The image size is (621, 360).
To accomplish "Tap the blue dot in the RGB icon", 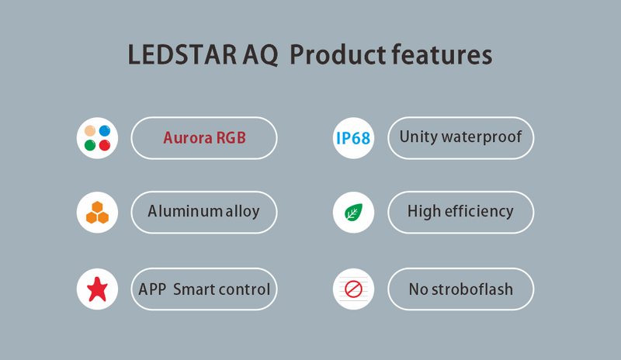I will (104, 130).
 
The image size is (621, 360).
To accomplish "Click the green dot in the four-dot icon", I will (90, 145).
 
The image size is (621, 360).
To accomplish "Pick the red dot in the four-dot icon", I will (104, 145).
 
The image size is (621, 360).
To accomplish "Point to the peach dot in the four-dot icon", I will (90, 130).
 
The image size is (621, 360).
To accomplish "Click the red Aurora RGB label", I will (204, 138).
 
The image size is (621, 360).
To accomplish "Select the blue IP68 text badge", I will (353, 139).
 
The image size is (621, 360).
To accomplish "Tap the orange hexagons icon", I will (97, 212).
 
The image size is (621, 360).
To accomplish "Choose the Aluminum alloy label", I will (204, 211).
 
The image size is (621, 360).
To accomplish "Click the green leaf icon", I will (353, 212).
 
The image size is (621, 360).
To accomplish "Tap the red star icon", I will (97, 289).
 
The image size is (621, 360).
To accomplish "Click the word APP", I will (151, 289).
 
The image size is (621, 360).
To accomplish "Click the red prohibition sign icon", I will (353, 290).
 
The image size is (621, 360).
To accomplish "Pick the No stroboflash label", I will (460, 290).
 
